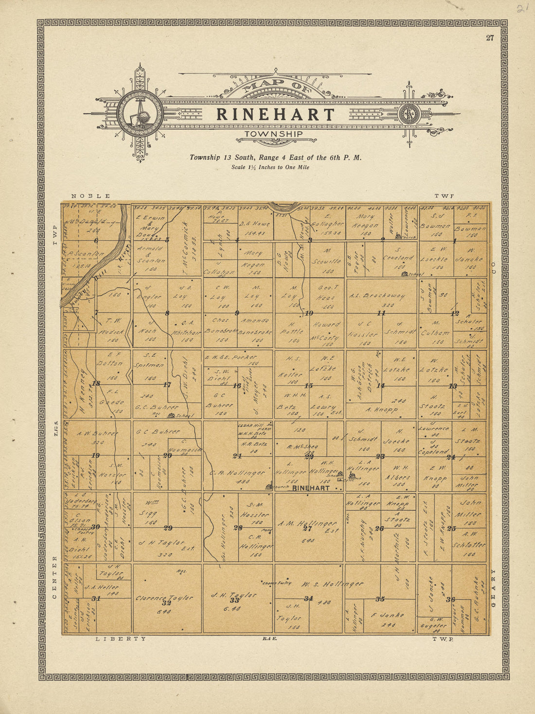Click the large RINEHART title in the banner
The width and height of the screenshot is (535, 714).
coord(275,115)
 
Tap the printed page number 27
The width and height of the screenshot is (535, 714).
coord(490,38)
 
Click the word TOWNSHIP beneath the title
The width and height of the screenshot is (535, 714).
coord(273,134)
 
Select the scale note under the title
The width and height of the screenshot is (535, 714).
coord(270,167)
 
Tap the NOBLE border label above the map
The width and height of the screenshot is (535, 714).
coord(90,196)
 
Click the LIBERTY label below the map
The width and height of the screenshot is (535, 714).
coord(120,639)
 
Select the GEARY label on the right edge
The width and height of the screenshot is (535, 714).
coord(493,588)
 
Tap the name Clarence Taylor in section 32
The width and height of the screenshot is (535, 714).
coord(164,598)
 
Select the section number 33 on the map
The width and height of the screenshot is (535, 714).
coord(234,600)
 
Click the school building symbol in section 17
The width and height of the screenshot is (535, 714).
coord(171,415)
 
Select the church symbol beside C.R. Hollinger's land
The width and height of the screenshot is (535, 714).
coord(268,485)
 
